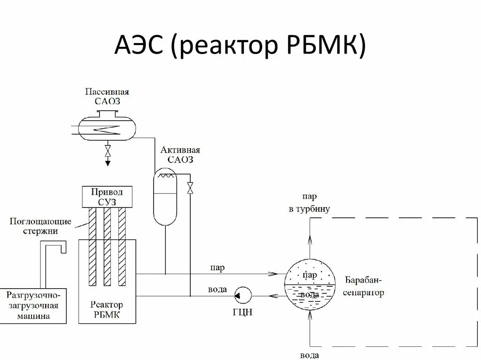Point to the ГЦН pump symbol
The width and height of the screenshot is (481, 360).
pos(242,295)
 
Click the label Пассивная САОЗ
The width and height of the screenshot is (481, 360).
pos(108,96)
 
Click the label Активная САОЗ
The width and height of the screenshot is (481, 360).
pos(180,155)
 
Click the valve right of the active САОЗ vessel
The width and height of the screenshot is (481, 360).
pos(190,187)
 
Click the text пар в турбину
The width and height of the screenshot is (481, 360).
pos(310,203)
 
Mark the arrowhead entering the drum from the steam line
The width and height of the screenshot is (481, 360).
pos(272,273)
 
